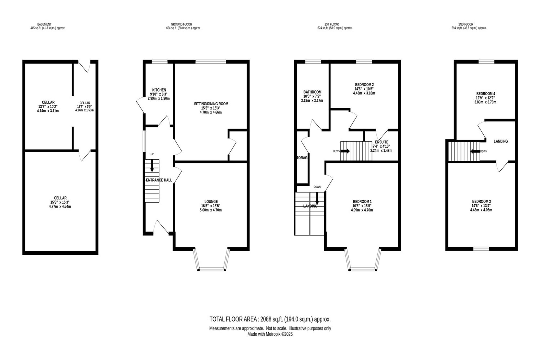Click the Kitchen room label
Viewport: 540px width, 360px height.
[159, 90]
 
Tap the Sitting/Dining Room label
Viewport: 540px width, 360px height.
[211, 104]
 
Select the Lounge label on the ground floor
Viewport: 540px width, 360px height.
[211, 201]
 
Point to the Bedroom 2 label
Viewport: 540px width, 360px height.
[364, 85]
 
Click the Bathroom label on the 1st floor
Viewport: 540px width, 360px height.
[312, 92]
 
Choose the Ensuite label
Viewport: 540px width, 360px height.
[382, 142]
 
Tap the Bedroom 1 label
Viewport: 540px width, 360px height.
[362, 201]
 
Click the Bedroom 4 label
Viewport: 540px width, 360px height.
[485, 94]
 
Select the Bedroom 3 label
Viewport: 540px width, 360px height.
[481, 201]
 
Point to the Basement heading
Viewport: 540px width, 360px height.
[44, 24]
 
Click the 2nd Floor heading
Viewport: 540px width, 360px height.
[466, 24]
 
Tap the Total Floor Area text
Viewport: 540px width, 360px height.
[270, 319]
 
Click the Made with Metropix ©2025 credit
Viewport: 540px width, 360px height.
[270, 334]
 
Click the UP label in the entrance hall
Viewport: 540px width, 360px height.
[152, 154]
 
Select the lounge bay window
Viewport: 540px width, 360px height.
[211, 260]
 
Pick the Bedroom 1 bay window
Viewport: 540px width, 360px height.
[363, 260]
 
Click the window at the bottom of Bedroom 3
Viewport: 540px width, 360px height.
[481, 249]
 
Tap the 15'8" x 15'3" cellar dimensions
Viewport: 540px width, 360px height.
[60, 202]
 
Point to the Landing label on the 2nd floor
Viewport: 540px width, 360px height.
[501, 141]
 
